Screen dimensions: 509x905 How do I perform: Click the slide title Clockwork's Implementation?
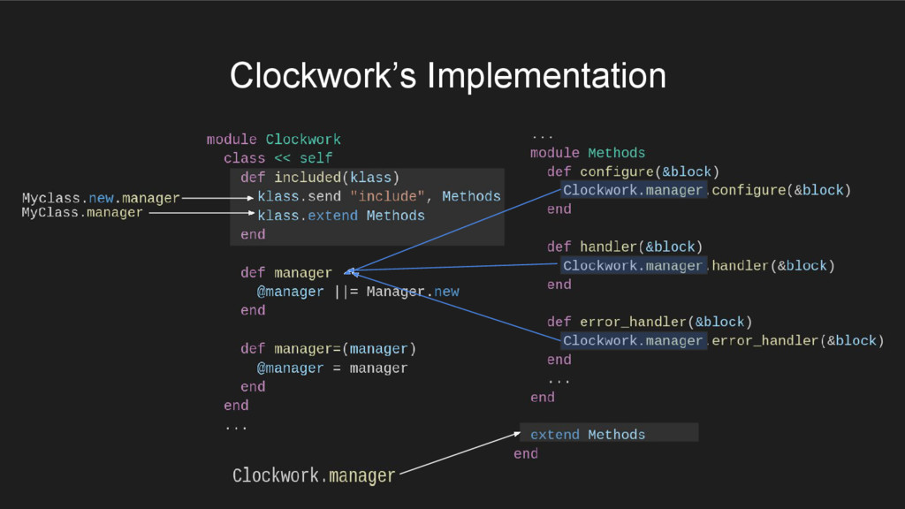447,76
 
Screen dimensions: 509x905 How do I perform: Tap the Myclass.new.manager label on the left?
101,198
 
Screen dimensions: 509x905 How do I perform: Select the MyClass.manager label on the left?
82,213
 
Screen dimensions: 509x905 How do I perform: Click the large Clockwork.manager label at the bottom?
314,475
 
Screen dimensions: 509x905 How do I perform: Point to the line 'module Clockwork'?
273,140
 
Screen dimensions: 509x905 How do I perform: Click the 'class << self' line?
278,158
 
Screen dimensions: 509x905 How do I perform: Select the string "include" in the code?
387,196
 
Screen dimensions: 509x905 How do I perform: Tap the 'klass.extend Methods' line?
341,216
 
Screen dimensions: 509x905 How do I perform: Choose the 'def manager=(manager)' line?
328,348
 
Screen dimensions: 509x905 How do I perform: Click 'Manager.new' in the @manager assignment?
413,292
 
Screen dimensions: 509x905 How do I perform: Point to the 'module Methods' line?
588,153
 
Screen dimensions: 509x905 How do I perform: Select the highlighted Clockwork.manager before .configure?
633,190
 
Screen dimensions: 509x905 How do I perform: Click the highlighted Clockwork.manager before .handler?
633,266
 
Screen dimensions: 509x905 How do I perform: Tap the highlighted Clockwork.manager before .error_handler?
633,341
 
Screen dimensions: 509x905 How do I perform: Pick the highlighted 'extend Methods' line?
588,435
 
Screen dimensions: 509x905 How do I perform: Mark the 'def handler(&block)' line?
624,247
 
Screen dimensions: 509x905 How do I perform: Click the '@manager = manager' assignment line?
332,368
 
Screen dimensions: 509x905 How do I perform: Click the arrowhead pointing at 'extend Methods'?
518,433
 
